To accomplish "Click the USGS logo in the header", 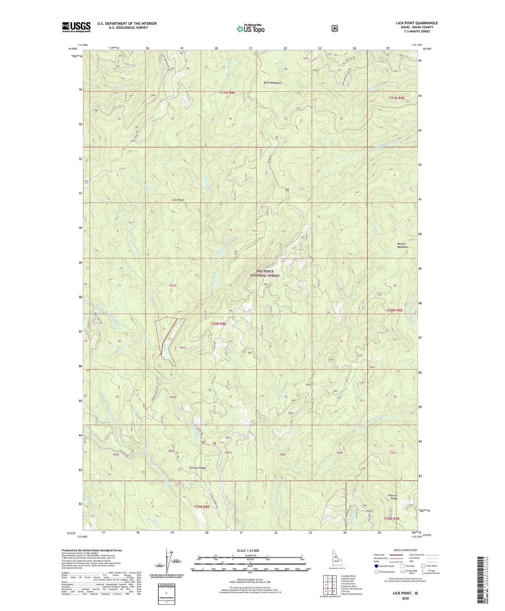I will click(76, 27).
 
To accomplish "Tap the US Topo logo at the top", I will click(250, 29).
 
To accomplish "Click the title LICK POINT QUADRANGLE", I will click(417, 23).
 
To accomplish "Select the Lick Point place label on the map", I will click(177, 200).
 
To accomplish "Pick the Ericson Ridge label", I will click(197, 468).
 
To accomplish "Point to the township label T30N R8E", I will click(218, 324).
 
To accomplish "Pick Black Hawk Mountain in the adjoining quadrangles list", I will click(352, 594).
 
